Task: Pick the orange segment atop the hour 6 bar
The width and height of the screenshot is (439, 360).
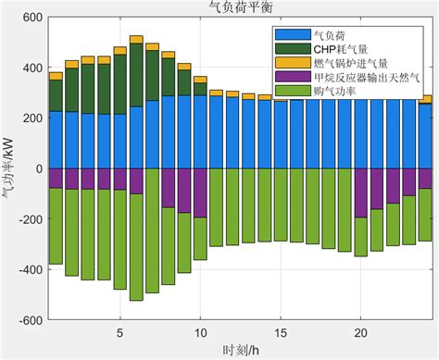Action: pos(136,39)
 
